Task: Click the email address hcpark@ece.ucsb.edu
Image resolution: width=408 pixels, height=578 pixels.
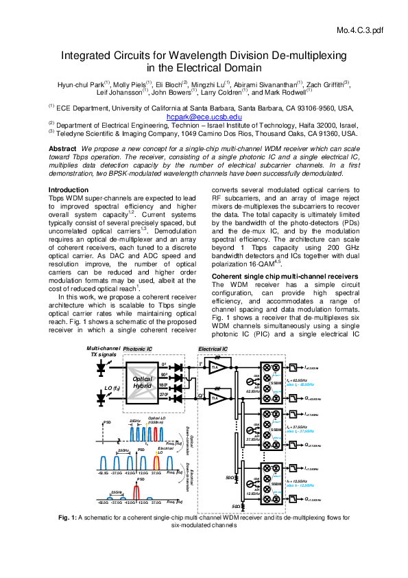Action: pyautogui.click(x=204, y=117)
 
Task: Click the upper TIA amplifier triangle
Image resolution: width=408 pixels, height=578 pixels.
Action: pyautogui.click(x=217, y=369)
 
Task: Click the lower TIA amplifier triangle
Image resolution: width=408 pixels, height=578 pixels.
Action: pyautogui.click(x=217, y=398)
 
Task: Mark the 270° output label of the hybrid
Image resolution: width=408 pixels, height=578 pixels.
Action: pyautogui.click(x=163, y=395)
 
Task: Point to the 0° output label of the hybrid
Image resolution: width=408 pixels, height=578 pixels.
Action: pyautogui.click(x=164, y=365)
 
